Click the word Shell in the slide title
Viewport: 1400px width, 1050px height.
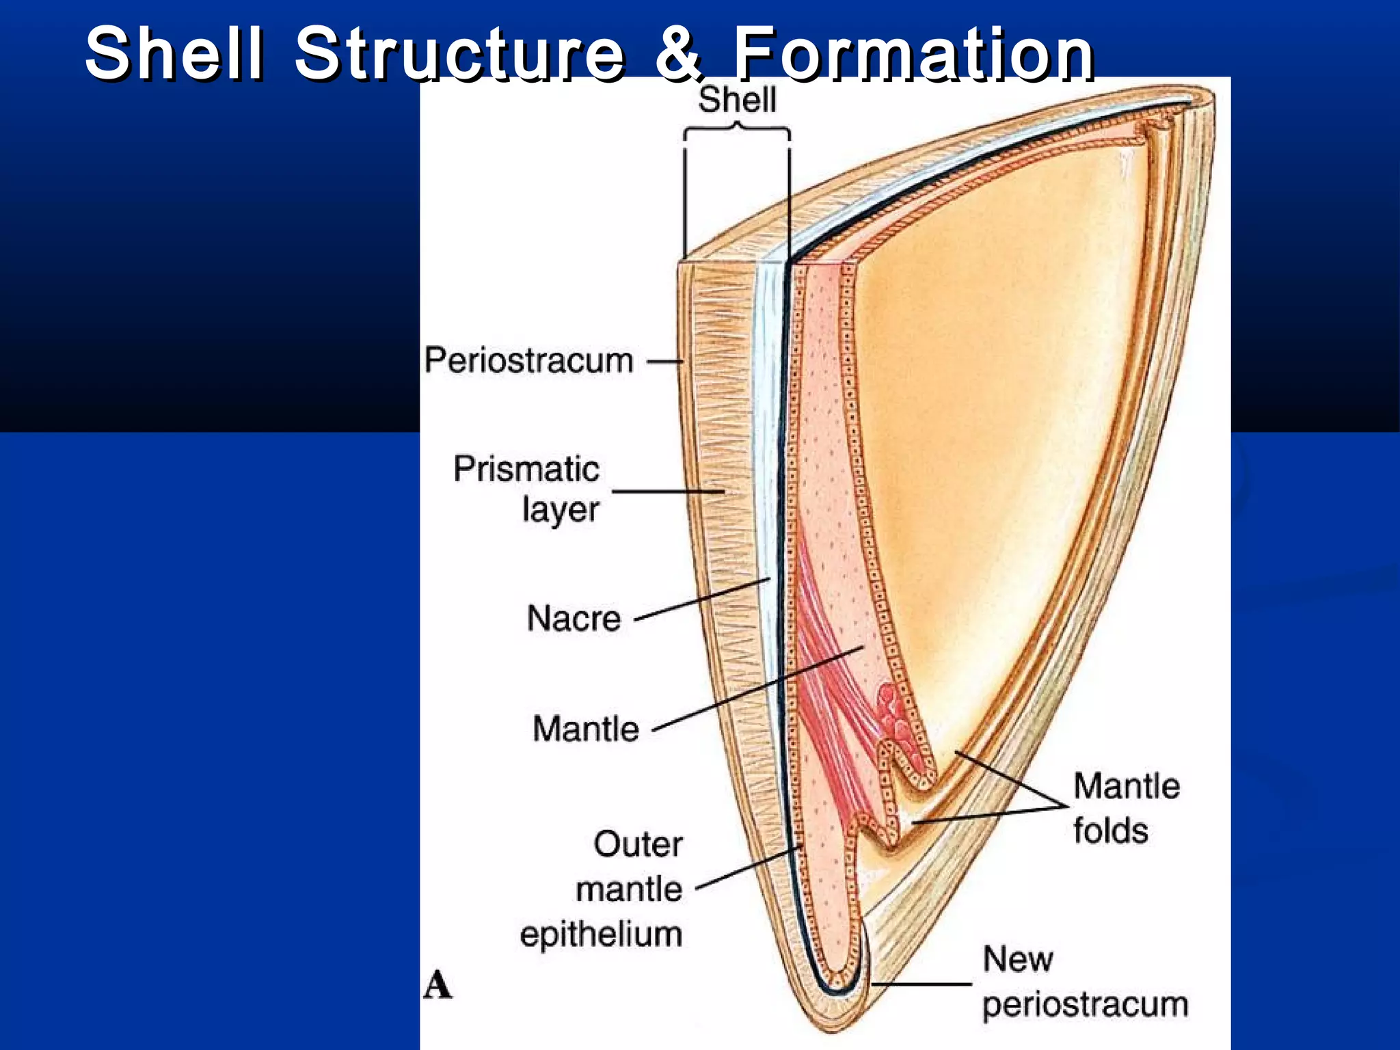[x=174, y=53]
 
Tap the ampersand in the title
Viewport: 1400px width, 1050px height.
[x=678, y=53]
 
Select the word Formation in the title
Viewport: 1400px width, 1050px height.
[x=914, y=53]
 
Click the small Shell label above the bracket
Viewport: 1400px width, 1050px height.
[x=737, y=100]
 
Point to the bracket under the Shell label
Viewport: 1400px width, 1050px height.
[x=737, y=130]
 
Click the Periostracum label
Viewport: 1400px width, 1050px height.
[x=528, y=360]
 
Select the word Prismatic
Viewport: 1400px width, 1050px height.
[x=526, y=469]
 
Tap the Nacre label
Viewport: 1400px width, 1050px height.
[x=574, y=618]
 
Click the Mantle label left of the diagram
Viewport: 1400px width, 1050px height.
[x=586, y=728]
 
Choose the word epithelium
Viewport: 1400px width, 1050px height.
[x=601, y=934]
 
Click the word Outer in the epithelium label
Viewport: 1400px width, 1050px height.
[x=638, y=844]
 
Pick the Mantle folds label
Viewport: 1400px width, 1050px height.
[x=1126, y=808]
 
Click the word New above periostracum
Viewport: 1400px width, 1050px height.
[x=1017, y=958]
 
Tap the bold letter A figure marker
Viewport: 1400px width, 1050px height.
[x=437, y=986]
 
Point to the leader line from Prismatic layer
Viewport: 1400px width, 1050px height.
[x=667, y=491]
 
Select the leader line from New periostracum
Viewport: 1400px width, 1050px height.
[x=921, y=984]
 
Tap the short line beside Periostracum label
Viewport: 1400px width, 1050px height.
[x=664, y=362]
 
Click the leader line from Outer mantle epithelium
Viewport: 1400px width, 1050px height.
[x=749, y=868]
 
